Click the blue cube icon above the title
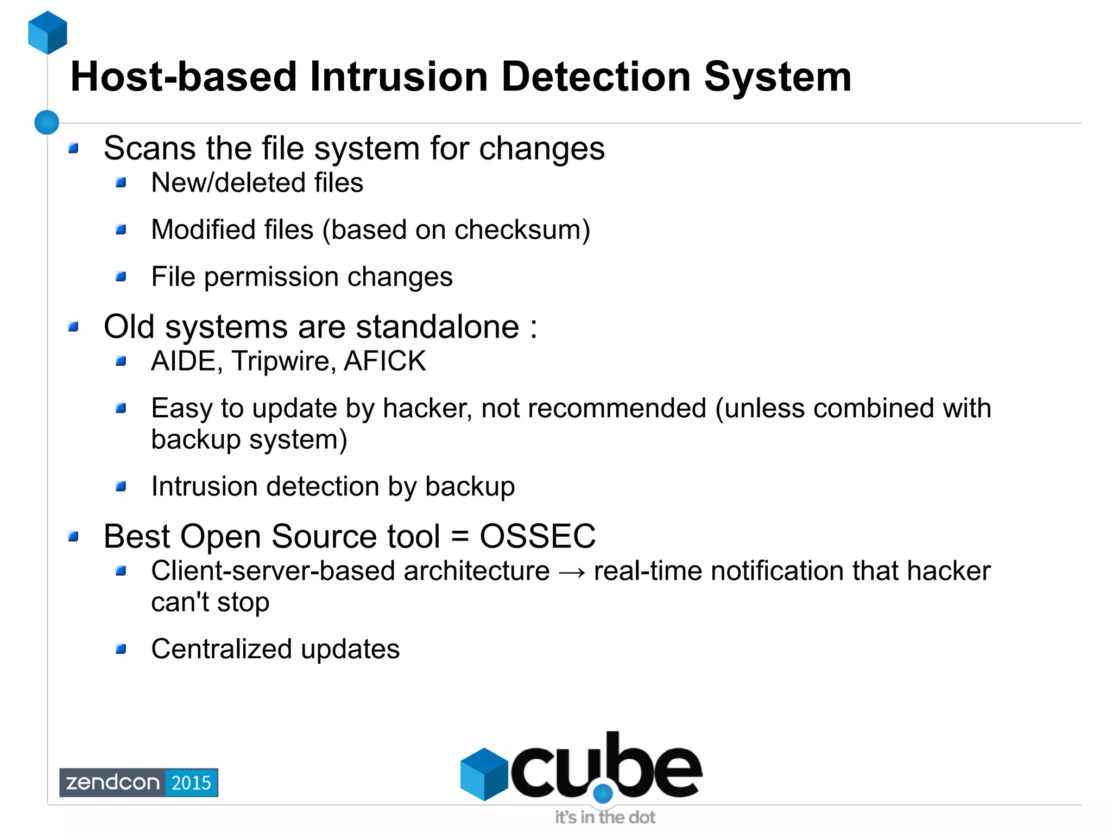(x=48, y=33)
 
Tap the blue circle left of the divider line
(x=47, y=122)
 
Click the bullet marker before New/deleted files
(x=121, y=182)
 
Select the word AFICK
(x=385, y=361)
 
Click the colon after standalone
(x=534, y=328)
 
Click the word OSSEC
(x=538, y=536)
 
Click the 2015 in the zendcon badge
(x=191, y=783)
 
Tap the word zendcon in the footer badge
(x=112, y=783)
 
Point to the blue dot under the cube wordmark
(x=603, y=794)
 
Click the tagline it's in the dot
(x=605, y=817)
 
